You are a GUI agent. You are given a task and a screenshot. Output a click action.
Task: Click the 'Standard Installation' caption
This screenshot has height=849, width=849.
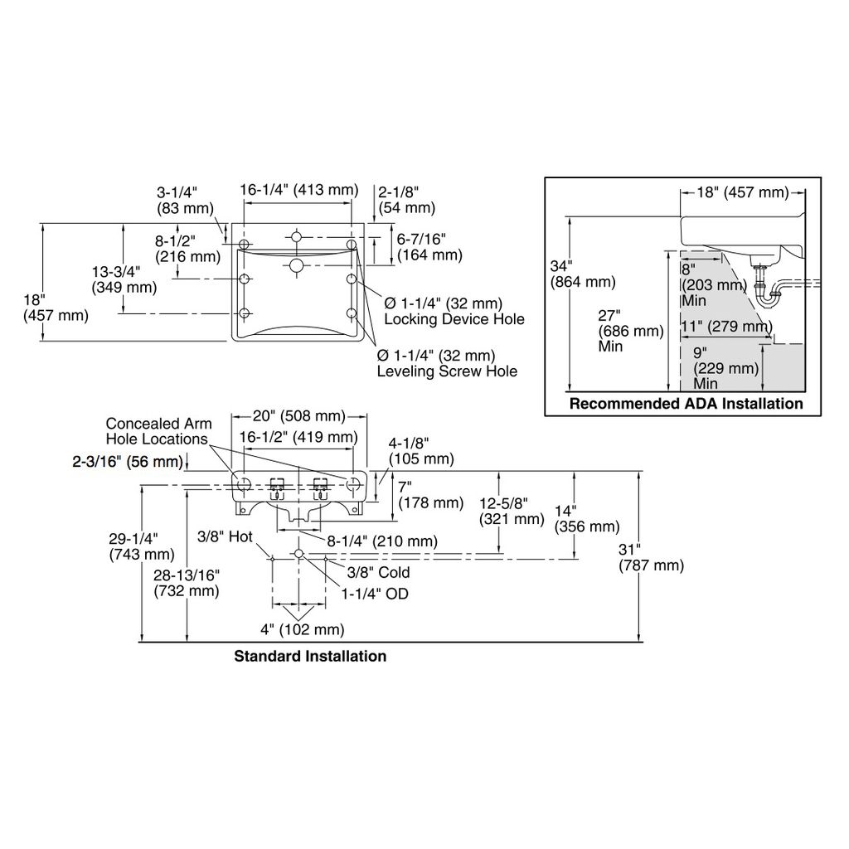(310, 657)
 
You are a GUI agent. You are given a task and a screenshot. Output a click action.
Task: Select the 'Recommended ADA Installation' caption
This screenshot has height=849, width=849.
(686, 404)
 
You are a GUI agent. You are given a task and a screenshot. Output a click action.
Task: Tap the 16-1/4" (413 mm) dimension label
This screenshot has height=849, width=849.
(299, 190)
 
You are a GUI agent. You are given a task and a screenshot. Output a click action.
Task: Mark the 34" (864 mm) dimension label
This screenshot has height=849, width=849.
(583, 274)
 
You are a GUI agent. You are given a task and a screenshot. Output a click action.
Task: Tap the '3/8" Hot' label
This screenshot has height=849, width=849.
(225, 536)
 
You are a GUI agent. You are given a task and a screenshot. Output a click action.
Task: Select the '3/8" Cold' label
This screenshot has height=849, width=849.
(378, 572)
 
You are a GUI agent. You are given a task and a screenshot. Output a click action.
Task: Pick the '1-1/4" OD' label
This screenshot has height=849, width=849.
(375, 594)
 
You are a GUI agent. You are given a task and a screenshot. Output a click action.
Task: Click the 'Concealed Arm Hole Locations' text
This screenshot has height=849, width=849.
(158, 431)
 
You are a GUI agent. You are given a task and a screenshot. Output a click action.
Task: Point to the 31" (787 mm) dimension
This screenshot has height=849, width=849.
(652, 558)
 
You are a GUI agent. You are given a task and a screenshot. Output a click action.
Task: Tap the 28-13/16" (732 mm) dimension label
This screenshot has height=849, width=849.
(187, 583)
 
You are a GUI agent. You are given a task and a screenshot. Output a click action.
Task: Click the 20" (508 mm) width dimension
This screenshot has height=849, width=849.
(298, 416)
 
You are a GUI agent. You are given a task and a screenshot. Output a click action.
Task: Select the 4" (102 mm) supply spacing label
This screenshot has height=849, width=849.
(302, 630)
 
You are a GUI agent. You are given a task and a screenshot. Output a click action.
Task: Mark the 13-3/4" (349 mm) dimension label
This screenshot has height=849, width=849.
(124, 279)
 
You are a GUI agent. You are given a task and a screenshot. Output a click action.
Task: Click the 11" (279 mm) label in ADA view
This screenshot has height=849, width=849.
(726, 327)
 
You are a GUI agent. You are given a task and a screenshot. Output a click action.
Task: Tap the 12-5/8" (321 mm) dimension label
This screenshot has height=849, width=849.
(512, 512)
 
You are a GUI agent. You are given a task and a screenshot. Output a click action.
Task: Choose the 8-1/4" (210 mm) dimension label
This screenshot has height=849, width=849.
(382, 541)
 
